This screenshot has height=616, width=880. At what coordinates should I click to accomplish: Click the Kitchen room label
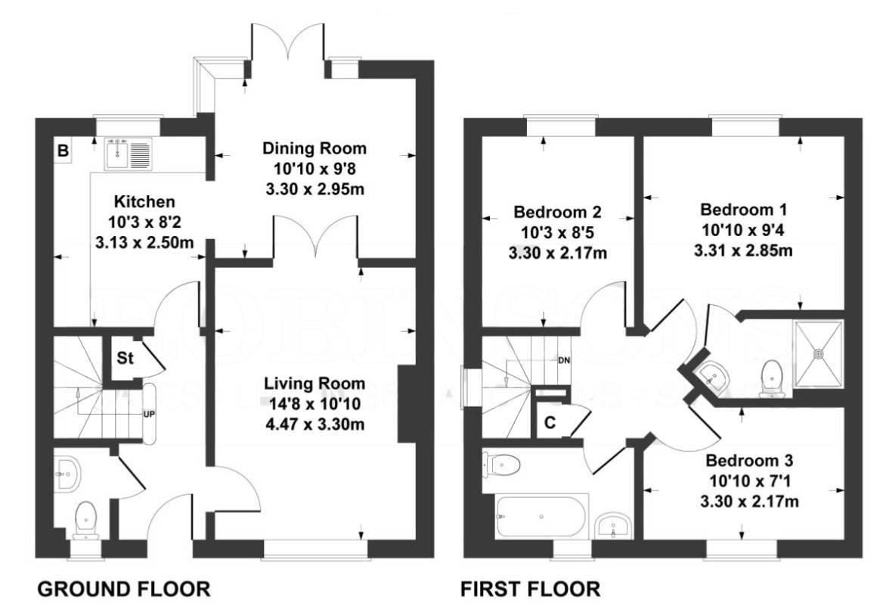point(144,202)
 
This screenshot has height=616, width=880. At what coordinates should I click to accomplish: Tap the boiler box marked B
point(64,151)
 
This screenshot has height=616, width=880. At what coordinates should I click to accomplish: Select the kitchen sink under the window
point(129,154)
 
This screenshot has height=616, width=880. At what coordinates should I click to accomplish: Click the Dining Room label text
point(314,148)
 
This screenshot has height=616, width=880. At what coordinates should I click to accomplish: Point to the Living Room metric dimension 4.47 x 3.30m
point(314,424)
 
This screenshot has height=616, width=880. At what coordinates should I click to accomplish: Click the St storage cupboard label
point(125,359)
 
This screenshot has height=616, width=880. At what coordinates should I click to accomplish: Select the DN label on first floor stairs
point(563,359)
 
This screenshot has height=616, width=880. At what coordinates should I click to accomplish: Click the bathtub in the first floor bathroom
point(541,516)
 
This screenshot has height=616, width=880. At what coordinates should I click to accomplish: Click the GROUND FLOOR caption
point(124,589)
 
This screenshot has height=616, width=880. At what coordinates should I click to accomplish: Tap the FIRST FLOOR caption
point(531,589)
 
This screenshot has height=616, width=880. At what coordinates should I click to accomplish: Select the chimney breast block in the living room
point(407,403)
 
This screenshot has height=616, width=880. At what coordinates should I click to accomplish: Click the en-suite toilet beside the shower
point(772,375)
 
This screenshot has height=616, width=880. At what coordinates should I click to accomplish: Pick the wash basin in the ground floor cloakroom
point(68,474)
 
